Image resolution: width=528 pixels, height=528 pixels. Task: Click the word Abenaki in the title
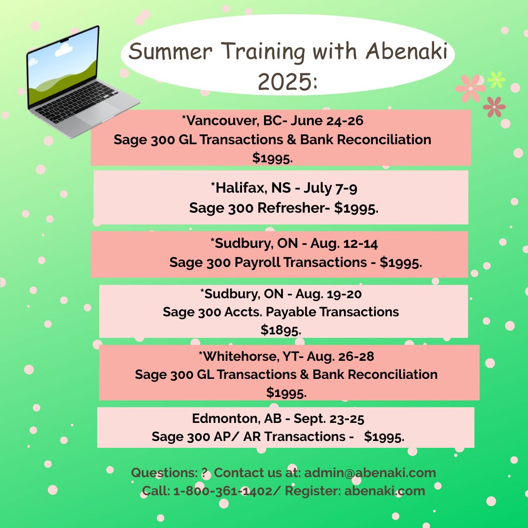[406, 51]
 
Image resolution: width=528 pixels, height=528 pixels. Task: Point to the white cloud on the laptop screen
[64, 50]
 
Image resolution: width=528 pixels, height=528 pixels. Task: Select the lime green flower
[496, 80]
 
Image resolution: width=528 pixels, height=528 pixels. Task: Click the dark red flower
[494, 107]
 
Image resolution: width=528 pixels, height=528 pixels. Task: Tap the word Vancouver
[222, 121]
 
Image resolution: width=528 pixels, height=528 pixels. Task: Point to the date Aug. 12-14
[344, 243]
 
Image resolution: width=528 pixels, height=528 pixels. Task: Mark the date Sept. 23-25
[329, 418]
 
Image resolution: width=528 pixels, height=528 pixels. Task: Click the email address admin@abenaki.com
[370, 472]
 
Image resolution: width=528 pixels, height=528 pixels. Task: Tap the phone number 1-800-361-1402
[223, 491]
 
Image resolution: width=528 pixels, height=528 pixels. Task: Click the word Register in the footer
[313, 491]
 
